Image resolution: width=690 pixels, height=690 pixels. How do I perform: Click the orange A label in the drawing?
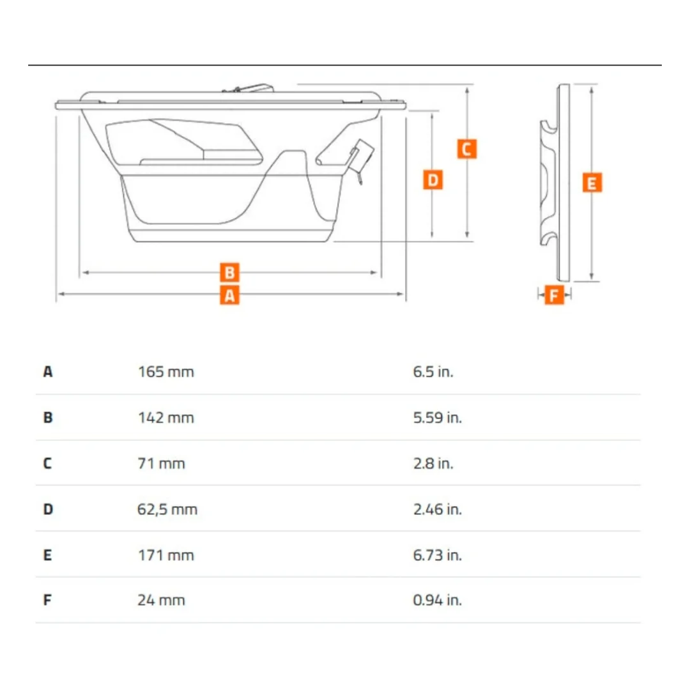[229, 295]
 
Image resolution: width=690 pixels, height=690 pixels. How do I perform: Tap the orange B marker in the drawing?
[229, 272]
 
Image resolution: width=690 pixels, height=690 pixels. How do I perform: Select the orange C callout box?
[467, 149]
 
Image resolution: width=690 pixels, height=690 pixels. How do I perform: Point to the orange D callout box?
[433, 180]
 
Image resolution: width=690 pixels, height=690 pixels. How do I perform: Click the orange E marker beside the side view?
[592, 183]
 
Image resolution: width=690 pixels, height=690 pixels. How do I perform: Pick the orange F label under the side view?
[555, 295]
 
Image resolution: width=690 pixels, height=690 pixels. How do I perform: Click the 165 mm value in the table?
[166, 372]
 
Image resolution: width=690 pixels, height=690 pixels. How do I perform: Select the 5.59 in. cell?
[438, 418]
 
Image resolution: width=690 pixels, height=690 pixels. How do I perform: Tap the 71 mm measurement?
[161, 463]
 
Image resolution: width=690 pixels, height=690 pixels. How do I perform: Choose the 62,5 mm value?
[167, 510]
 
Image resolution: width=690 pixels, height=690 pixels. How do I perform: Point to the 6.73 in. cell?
[438, 555]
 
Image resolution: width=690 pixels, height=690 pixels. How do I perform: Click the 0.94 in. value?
[438, 600]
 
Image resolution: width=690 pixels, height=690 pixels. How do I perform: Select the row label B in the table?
[48, 418]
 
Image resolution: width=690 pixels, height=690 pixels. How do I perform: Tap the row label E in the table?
[47, 555]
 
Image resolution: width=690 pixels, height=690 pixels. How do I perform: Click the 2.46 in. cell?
[438, 510]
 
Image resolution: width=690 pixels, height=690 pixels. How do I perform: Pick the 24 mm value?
[161, 600]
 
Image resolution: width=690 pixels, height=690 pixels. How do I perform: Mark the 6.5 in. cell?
[433, 372]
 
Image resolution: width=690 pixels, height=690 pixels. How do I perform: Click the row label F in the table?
[47, 600]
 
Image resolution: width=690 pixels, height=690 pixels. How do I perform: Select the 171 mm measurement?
[166, 555]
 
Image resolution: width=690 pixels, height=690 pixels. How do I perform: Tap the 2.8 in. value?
[433, 463]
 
